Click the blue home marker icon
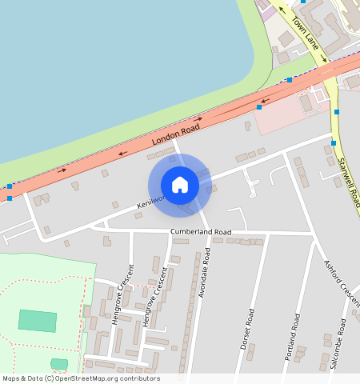pyautogui.click(x=180, y=185)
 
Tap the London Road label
pyautogui.click(x=175, y=134)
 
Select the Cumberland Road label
pyautogui.click(x=200, y=232)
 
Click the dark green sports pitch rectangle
pyautogui.click(x=38, y=320)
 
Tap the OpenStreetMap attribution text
pyautogui.click(x=81, y=378)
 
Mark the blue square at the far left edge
pyautogui.click(x=9, y=186)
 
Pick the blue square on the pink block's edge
pyautogui.click(x=259, y=106)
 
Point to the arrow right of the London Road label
pyautogui.click(x=196, y=119)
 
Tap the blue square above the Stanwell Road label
pyautogui.click(x=334, y=142)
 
